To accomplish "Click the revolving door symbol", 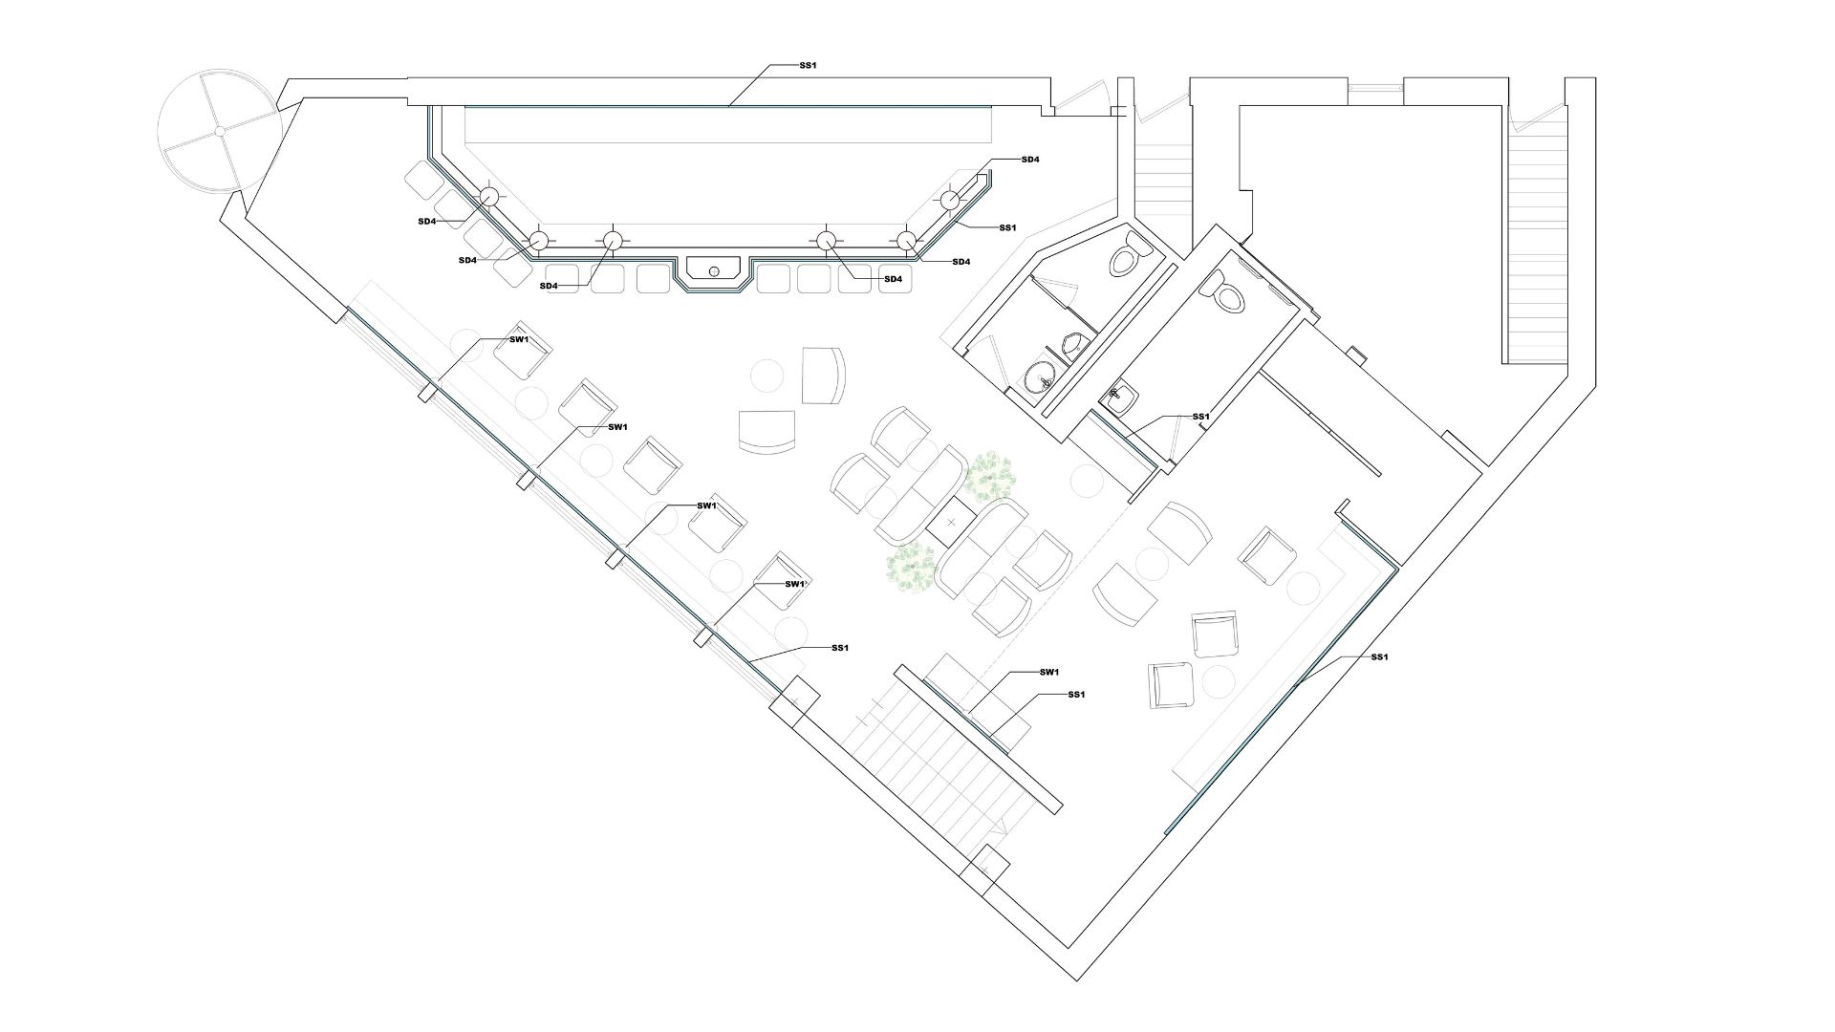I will [219, 130].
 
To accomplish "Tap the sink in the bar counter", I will [714, 270].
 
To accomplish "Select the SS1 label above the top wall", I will [808, 66].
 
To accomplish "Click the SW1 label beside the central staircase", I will [1049, 673].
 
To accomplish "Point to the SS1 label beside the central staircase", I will [1076, 695].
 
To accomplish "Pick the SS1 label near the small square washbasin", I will [1201, 417].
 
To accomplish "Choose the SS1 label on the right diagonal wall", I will [1379, 657].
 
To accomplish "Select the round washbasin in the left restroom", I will [1040, 381].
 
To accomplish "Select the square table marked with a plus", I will [951, 523].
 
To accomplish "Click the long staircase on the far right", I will [1539, 248].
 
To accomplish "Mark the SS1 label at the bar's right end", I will [1007, 227].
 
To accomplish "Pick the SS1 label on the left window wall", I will [839, 648].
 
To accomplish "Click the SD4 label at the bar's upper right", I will [1030, 160].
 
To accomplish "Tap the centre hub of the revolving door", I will [219, 130].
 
